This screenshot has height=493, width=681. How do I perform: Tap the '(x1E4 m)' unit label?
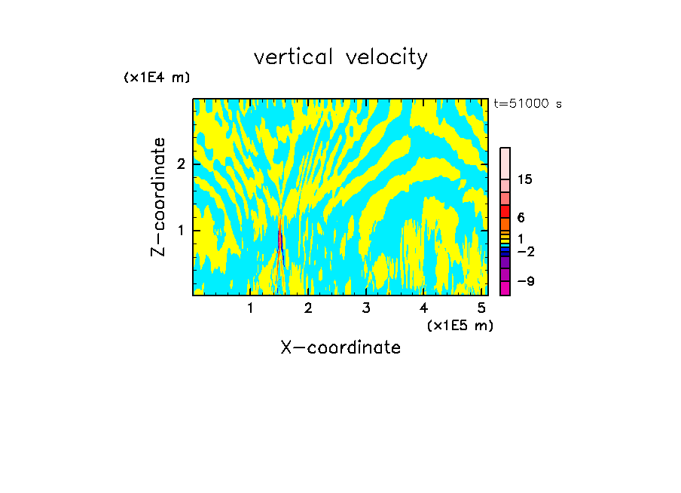coord(157,78)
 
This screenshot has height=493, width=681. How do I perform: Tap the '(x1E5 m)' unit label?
coord(460,325)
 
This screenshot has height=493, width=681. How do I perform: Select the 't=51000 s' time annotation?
coord(527,104)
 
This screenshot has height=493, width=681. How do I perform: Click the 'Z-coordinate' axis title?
coord(158,197)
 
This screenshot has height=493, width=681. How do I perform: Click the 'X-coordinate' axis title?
coord(340,348)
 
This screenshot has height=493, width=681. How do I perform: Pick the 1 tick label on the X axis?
coord(251,308)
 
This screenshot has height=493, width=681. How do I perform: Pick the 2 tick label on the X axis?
coord(308,308)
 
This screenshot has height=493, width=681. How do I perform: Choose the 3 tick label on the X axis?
coord(366,308)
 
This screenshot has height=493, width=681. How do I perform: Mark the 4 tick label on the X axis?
coord(423,308)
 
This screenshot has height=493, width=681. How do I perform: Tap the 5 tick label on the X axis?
coord(481,308)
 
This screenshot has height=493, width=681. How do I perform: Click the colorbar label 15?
coord(525,179)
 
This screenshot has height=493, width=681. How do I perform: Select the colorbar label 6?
coord(521,218)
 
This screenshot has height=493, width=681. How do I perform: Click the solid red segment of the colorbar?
coord(505,212)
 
